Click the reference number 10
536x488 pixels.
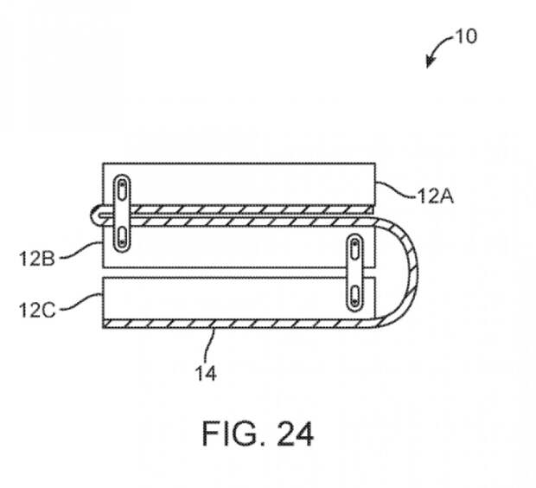click(x=466, y=36)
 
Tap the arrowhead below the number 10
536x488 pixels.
click(x=430, y=62)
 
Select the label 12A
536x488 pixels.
click(x=435, y=196)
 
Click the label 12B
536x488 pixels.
click(x=37, y=259)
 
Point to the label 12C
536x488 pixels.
click(x=37, y=311)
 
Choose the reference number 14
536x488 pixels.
click(x=206, y=374)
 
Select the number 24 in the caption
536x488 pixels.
click(x=295, y=433)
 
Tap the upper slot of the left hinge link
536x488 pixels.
click(x=122, y=189)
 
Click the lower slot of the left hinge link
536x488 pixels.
click(x=122, y=237)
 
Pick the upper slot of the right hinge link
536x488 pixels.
click(x=354, y=249)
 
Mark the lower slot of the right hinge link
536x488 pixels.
click(x=354, y=296)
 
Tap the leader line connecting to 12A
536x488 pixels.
click(x=396, y=190)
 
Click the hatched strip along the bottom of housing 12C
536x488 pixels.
click(x=239, y=324)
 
